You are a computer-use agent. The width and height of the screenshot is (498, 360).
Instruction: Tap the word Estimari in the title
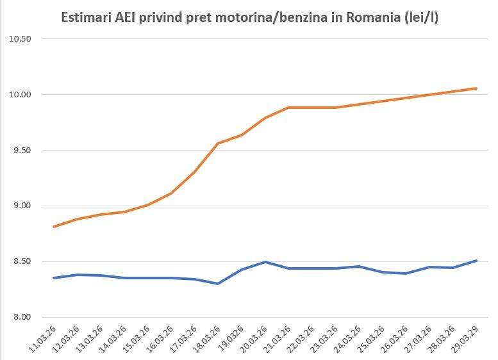coord(85,17)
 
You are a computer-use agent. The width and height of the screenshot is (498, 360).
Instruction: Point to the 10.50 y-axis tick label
coord(19,39)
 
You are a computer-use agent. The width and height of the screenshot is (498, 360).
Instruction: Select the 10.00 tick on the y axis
coord(19,95)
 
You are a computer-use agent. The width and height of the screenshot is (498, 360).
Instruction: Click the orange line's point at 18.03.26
coord(217,143)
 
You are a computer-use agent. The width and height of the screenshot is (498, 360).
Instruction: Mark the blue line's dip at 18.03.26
coord(217,283)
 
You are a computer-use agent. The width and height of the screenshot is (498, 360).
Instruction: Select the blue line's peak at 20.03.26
coord(265,262)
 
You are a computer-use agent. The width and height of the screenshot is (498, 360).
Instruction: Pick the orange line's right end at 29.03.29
coord(476,88)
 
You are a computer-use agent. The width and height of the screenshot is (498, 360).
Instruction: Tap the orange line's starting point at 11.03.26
coord(54,227)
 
